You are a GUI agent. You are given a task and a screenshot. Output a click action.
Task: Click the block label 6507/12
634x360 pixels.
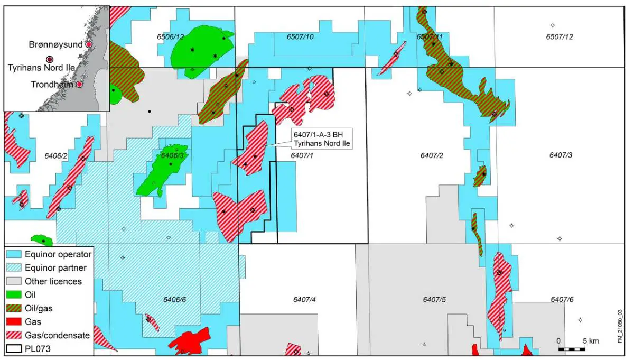pyautogui.click(x=560, y=36)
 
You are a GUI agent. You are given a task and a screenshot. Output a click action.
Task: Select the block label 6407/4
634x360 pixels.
pyautogui.click(x=304, y=300)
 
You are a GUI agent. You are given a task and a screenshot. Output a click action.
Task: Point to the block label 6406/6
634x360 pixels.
pyautogui.click(x=173, y=300)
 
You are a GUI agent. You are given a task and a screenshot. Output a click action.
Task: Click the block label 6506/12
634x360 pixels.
pyautogui.click(x=170, y=36)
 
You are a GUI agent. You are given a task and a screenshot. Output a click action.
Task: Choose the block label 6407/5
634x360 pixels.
pyautogui.click(x=434, y=300)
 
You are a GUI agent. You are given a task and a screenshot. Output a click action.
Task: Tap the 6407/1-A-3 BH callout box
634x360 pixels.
pyautogui.click(x=322, y=139)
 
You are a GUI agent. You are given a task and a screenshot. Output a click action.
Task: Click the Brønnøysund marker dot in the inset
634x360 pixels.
pyautogui.click(x=89, y=45)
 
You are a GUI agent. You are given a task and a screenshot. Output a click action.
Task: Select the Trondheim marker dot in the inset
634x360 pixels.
pyautogui.click(x=79, y=85)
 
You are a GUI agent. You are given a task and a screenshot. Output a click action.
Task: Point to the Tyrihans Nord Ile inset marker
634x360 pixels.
pyautogui.click(x=49, y=59)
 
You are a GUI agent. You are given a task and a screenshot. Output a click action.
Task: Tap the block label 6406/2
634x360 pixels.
pyautogui.click(x=43, y=155)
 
